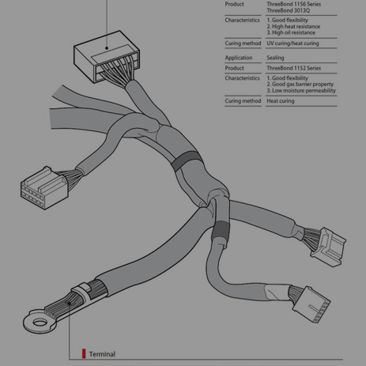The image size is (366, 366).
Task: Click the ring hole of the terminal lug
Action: [x=40, y=322]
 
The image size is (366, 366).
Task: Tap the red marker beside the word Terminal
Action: [x=84, y=353]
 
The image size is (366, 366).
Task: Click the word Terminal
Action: [x=102, y=354]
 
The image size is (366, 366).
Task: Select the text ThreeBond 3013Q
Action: [x=289, y=10]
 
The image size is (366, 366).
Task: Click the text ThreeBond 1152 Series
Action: [x=294, y=68]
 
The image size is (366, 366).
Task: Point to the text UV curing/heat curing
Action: [x=292, y=43]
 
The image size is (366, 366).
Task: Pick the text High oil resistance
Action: [x=293, y=32]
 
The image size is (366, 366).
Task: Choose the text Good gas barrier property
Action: [x=303, y=85]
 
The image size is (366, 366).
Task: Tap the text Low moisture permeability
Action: [x=304, y=91]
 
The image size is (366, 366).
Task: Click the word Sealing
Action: [x=275, y=58]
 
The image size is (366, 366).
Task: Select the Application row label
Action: [x=239, y=58]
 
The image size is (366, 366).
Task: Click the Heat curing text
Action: [x=281, y=101]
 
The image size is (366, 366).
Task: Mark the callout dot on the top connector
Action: [x=107, y=48]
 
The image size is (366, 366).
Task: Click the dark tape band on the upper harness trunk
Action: [x=186, y=160]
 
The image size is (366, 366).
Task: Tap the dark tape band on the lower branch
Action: [x=221, y=230]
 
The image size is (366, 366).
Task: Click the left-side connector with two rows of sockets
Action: [x=44, y=187]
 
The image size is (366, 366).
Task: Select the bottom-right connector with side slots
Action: [x=311, y=304]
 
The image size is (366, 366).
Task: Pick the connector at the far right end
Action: [x=328, y=247]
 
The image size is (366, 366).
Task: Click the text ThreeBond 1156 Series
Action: [x=294, y=4]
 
